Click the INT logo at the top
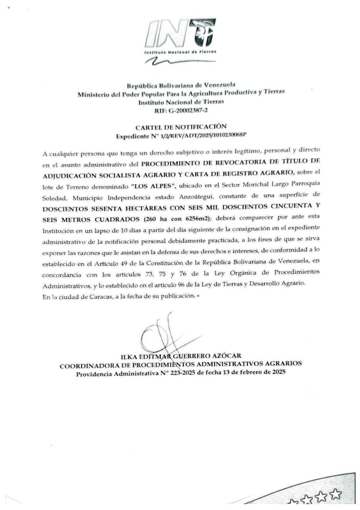[180, 36]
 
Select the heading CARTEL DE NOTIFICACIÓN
[181, 127]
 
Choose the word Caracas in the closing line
[99, 297]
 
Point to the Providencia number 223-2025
[177, 373]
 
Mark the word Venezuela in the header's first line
[219, 85]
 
